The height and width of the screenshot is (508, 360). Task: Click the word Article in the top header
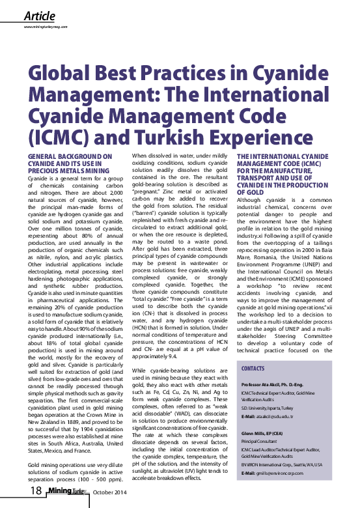[x=39, y=15]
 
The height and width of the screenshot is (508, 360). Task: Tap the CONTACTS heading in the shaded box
[x=253, y=369]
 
